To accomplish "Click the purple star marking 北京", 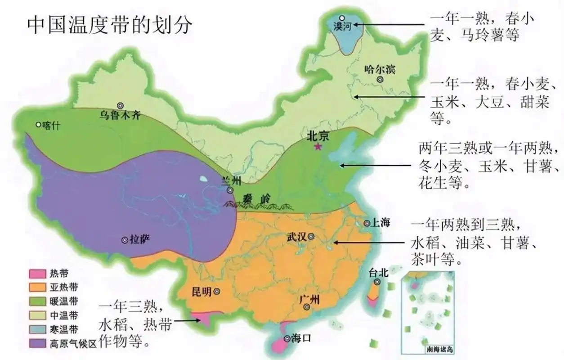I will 318,147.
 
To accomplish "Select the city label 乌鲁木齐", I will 120,115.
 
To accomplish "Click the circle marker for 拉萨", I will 125,240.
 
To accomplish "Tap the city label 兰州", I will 232,181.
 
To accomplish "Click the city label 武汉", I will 297,237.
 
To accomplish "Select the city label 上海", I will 380,222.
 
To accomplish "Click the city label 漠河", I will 342,27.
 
